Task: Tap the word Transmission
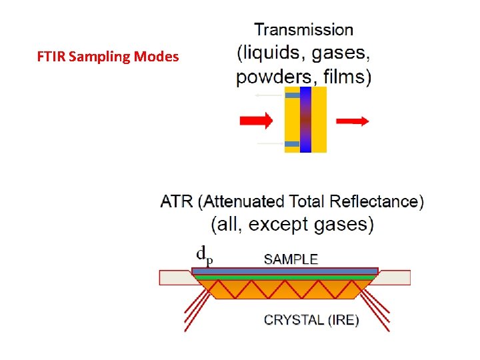pyautogui.click(x=304, y=29)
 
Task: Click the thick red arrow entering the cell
pyautogui.click(x=256, y=121)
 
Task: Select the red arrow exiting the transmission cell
pyautogui.click(x=352, y=121)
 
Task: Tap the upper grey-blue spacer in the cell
pyautogui.click(x=292, y=96)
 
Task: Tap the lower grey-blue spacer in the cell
pyautogui.click(x=292, y=144)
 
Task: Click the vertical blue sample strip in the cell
pyautogui.click(x=305, y=120)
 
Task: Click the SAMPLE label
pyautogui.click(x=291, y=259)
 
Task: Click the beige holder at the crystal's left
pyautogui.click(x=175, y=277)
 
